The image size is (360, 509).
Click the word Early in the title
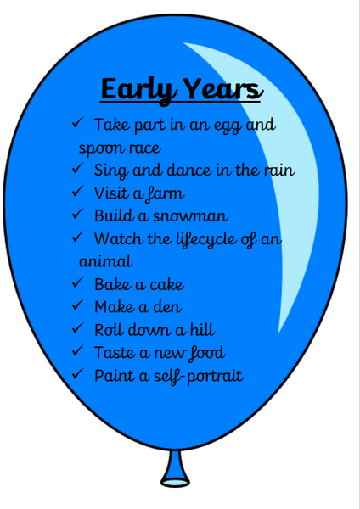(x=140, y=90)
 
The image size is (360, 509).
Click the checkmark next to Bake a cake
(x=78, y=282)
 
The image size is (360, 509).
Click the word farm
(x=165, y=194)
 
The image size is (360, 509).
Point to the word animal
(x=106, y=261)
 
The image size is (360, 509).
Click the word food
(x=206, y=353)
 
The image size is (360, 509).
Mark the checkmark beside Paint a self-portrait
(x=78, y=374)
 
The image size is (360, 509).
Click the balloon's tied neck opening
(x=175, y=483)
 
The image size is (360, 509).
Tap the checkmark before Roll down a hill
(x=78, y=328)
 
